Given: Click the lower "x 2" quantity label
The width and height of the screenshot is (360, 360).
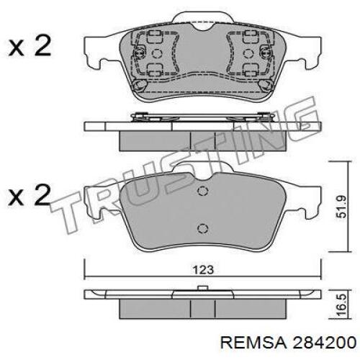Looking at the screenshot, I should pos(30,194).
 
